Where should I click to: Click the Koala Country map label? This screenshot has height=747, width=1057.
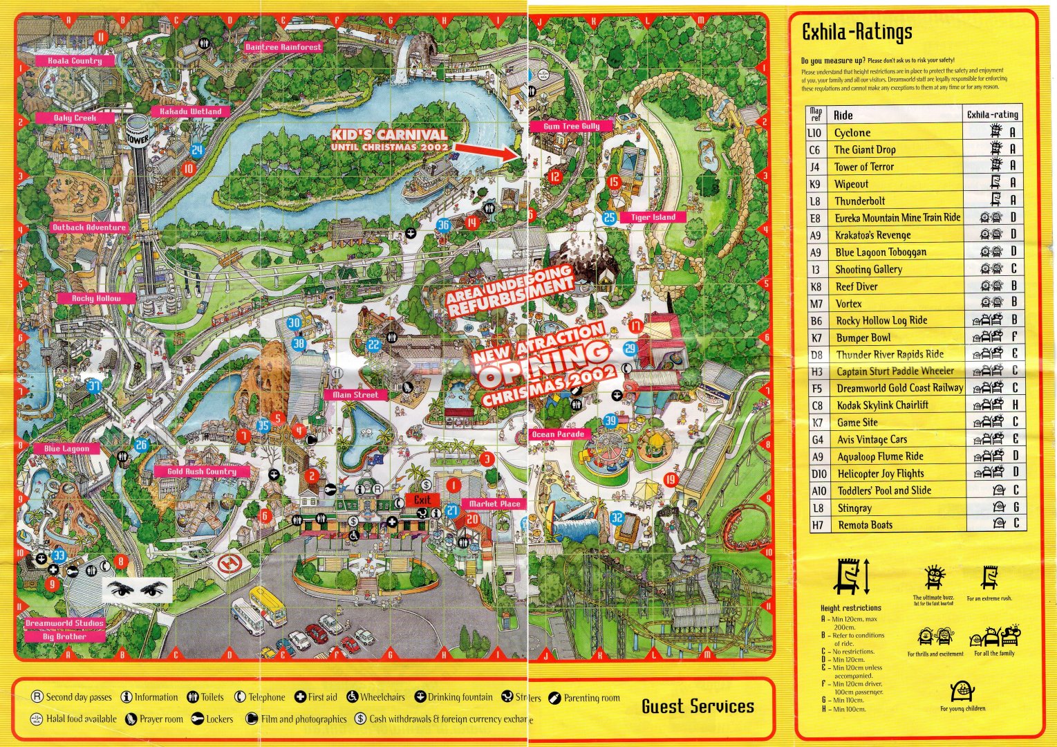tap(75, 61)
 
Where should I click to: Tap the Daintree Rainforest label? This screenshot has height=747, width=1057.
tap(283, 47)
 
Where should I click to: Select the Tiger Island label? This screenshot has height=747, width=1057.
tap(653, 217)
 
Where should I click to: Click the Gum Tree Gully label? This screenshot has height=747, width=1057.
tap(571, 127)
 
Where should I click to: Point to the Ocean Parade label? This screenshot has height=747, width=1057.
tap(558, 434)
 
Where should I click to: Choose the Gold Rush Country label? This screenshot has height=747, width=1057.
tap(202, 472)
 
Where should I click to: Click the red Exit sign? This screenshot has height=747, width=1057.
tap(422, 499)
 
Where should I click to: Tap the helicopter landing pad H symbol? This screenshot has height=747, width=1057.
tap(227, 564)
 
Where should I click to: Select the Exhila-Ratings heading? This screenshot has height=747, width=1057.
tap(857, 32)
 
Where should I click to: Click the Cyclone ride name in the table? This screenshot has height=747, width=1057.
tap(852, 133)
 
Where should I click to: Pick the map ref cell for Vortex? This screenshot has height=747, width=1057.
tap(816, 304)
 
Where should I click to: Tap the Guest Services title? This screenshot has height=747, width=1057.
tap(697, 706)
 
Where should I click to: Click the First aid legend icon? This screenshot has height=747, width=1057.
tap(300, 697)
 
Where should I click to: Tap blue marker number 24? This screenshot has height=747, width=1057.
tap(197, 150)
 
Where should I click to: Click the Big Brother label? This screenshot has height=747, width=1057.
tap(64, 636)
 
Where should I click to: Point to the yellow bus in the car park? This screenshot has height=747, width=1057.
tap(268, 605)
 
